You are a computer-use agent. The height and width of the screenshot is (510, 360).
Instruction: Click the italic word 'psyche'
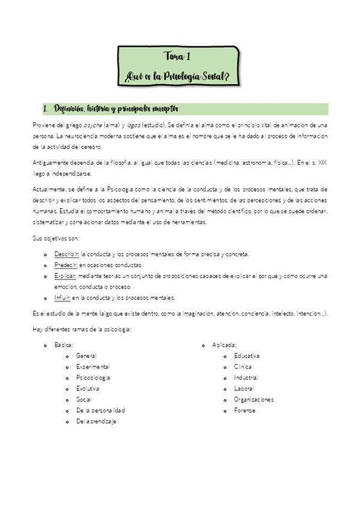(x=93, y=124)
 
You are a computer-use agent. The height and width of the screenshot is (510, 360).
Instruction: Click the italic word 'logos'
(x=133, y=124)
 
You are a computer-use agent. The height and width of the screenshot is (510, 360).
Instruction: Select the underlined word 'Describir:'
(x=67, y=254)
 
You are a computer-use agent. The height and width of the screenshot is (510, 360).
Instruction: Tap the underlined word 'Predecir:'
(x=66, y=265)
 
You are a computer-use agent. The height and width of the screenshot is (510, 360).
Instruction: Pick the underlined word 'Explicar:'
(x=66, y=275)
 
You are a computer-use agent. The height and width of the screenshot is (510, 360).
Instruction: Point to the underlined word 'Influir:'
(x=63, y=297)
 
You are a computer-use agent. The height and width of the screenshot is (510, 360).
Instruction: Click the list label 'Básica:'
(x=64, y=345)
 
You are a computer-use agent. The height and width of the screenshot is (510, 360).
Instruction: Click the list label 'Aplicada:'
(x=224, y=345)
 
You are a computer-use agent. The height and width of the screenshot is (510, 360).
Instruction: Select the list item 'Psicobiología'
(x=93, y=378)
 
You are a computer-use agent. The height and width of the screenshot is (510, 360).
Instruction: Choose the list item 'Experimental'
(x=93, y=367)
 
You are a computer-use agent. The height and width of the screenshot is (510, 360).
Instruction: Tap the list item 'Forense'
(x=245, y=410)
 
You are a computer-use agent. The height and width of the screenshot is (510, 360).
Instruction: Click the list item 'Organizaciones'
(x=254, y=399)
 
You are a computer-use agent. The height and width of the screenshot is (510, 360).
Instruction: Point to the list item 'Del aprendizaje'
(x=96, y=421)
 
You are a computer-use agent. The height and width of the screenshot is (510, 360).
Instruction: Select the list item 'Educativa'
(x=247, y=356)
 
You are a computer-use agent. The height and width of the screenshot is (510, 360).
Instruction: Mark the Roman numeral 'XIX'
(x=322, y=162)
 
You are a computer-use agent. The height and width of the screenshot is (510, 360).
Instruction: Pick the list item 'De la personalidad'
(x=100, y=410)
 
